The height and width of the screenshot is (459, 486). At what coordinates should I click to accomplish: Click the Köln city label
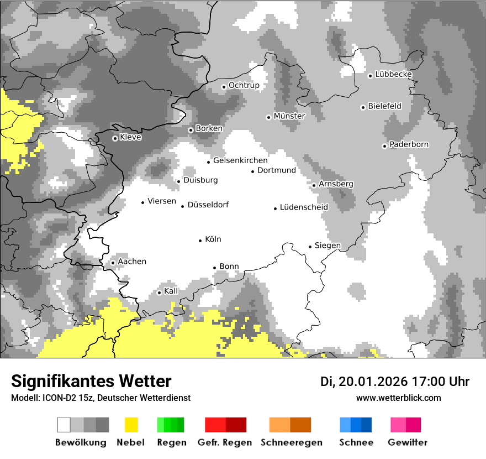213,239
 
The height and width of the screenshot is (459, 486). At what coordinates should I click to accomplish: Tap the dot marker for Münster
268,117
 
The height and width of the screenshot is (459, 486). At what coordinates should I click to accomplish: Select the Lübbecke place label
393,74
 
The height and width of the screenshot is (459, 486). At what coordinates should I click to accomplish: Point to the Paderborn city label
409,144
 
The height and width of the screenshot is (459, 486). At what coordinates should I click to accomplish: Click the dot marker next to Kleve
115,138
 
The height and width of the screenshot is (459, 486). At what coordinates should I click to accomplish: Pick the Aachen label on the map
132,262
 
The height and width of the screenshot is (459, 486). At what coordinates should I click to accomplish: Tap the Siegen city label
327,246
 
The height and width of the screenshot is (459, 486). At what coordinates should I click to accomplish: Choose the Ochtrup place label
244,85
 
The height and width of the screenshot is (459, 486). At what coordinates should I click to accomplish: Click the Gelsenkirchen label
240,160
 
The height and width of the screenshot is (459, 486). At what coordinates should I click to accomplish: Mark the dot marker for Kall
160,293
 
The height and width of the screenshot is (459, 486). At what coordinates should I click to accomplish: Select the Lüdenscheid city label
304,207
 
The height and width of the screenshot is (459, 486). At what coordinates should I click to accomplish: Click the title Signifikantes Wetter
91,382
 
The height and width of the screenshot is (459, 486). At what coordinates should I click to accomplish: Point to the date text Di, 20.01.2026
363,382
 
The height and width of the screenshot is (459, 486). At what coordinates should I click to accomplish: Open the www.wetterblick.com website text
398,398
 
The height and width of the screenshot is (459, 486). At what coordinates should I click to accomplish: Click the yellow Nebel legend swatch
131,425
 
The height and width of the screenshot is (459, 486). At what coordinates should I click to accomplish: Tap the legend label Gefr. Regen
224,442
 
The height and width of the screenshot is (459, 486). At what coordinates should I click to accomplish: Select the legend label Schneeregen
291,442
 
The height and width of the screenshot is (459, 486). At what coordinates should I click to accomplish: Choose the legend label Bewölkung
81,442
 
